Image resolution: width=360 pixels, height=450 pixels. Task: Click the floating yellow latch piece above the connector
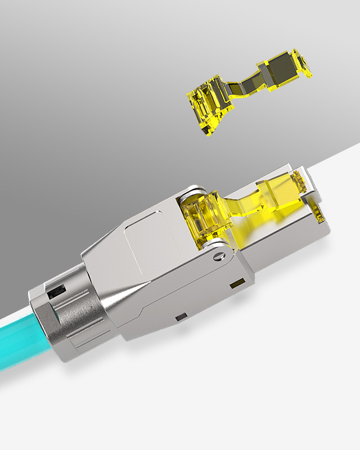[242, 96]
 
